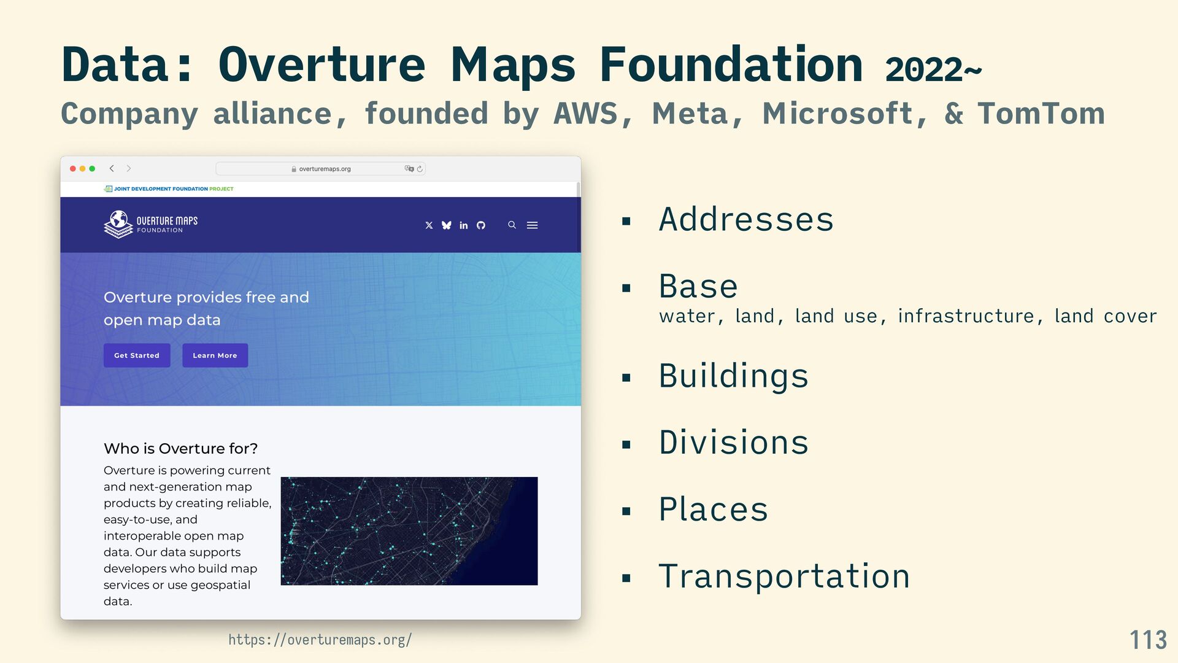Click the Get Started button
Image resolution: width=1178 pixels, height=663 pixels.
(x=137, y=355)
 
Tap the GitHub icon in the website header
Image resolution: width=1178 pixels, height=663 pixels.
(x=481, y=225)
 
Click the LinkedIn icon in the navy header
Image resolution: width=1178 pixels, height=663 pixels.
(x=464, y=225)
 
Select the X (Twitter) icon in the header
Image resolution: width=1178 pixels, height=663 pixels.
(x=429, y=225)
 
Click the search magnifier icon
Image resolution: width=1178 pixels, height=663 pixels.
(x=512, y=225)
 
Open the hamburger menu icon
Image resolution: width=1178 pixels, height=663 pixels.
(x=533, y=225)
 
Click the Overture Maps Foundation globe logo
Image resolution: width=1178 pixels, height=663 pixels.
(x=119, y=224)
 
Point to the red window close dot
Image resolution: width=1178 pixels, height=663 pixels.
(x=73, y=168)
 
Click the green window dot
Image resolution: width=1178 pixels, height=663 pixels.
(x=92, y=168)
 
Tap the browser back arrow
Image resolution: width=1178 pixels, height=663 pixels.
(x=112, y=168)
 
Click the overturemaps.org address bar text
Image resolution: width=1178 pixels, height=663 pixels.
(x=325, y=169)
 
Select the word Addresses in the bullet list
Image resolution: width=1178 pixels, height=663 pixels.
(x=746, y=219)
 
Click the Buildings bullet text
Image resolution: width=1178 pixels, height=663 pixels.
(x=733, y=376)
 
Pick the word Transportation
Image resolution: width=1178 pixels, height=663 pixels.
(x=784, y=576)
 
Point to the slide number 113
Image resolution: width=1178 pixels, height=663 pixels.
(x=1148, y=640)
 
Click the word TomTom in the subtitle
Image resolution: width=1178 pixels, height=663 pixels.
(x=1041, y=114)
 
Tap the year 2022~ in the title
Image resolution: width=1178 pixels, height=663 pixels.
(x=933, y=69)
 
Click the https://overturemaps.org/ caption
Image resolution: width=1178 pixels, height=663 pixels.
(x=320, y=640)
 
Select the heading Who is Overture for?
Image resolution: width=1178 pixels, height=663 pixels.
(x=180, y=448)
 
